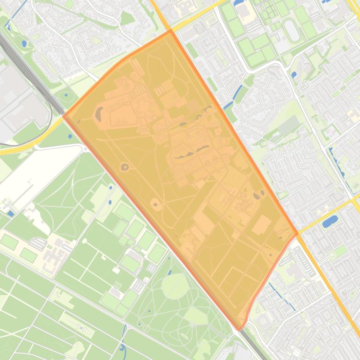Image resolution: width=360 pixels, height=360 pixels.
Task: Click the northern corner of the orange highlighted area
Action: (x=170, y=31)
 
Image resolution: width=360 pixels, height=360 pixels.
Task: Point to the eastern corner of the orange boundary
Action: (x=297, y=233)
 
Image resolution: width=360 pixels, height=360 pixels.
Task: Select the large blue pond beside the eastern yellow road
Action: (x=330, y=221)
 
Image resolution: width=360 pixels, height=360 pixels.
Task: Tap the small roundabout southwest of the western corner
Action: (x=86, y=149)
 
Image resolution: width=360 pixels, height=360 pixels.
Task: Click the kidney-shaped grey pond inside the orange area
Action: (x=100, y=113)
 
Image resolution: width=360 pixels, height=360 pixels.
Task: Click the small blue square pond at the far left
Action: (x=10, y=214)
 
